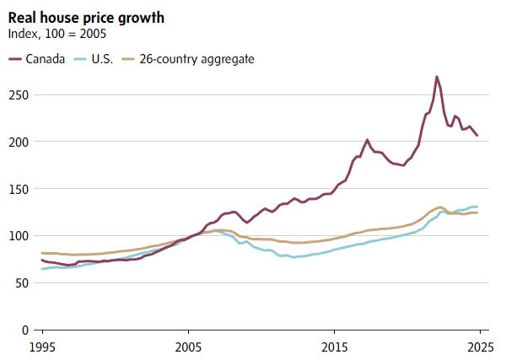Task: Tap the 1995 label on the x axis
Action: point(41,347)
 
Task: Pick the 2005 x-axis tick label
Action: point(188,347)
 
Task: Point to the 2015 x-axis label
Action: point(335,347)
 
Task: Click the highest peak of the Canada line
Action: point(437,77)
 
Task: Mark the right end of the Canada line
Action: point(477,135)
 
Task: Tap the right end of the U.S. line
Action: point(477,207)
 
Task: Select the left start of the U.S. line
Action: point(41,269)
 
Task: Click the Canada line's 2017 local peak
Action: point(367,140)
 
